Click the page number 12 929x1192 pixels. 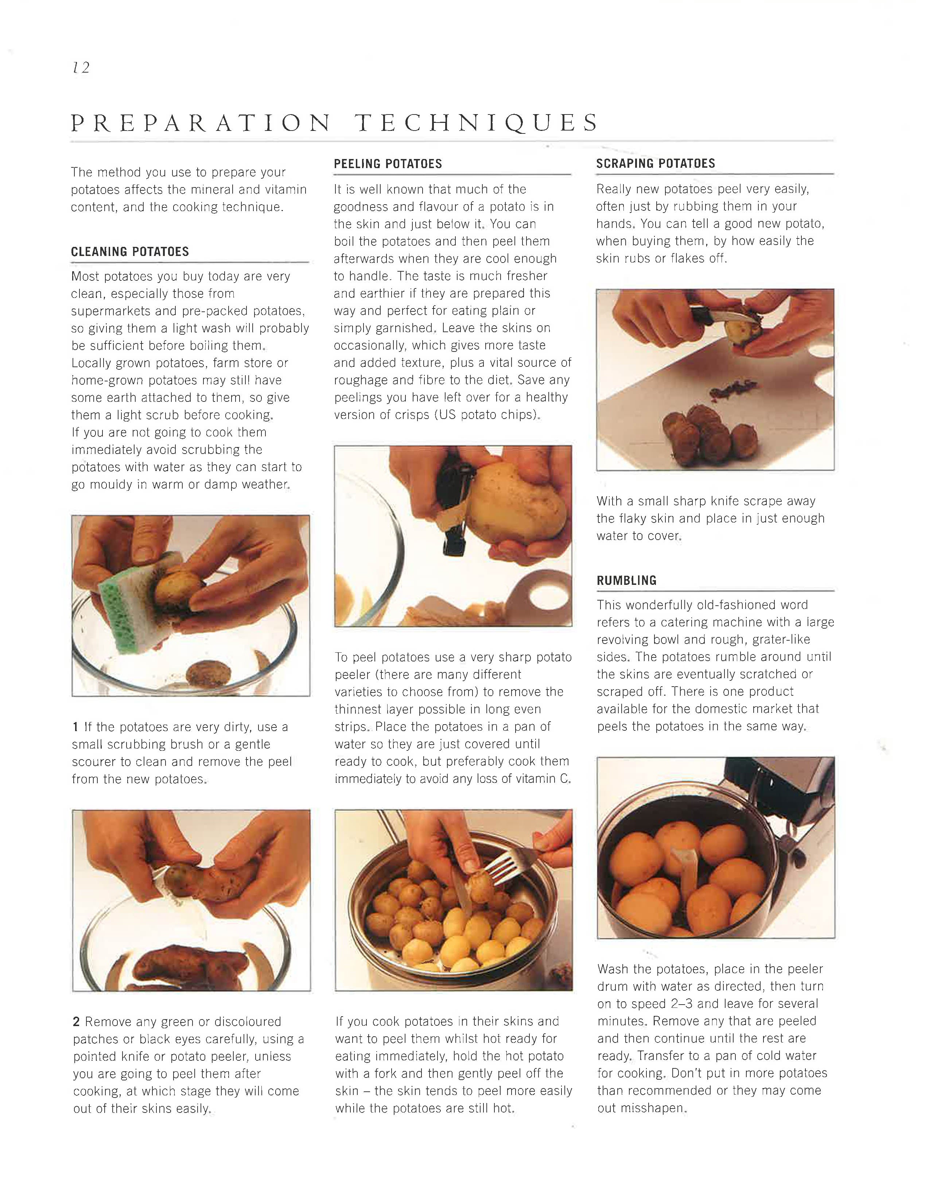point(81,68)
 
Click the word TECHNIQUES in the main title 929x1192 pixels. point(477,123)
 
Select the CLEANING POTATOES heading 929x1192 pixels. point(130,252)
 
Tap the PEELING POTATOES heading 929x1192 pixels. point(388,164)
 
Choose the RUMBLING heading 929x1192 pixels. point(627,580)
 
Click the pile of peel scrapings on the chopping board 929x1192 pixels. point(734,389)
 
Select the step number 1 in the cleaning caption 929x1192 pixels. point(75,727)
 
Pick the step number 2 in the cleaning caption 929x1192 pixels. point(77,1022)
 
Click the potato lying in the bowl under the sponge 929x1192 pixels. point(209,672)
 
